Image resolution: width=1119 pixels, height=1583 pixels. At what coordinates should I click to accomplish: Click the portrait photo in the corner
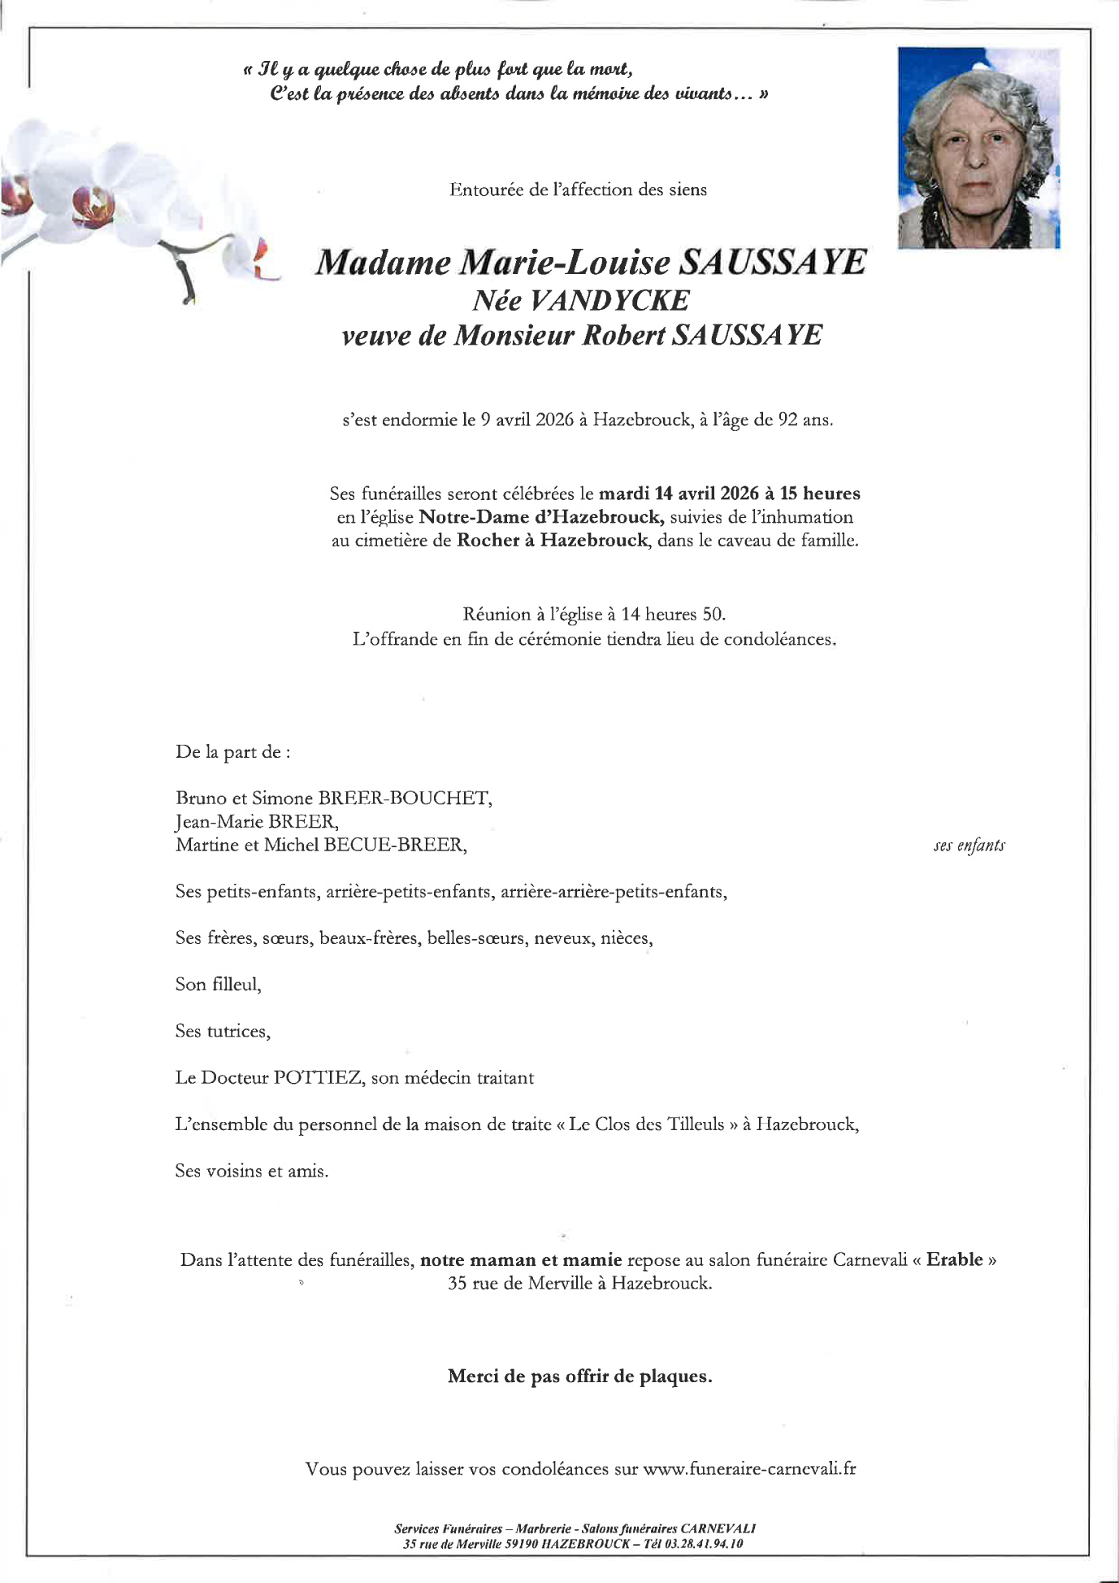click(x=978, y=148)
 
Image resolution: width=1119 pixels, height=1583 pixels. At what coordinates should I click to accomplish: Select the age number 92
click(x=788, y=420)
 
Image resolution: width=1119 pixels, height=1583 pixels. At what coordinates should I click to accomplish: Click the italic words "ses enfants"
click(x=969, y=846)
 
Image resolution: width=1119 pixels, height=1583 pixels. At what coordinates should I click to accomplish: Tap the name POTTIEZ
click(x=318, y=1078)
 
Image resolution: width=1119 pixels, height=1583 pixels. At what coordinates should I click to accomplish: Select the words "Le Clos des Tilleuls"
click(x=647, y=1124)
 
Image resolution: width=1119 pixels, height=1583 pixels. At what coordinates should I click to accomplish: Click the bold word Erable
click(x=955, y=1259)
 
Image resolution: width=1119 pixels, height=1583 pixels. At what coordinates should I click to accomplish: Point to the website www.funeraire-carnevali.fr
click(x=749, y=1468)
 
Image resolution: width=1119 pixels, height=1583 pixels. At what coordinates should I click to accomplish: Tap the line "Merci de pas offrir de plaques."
click(x=579, y=1376)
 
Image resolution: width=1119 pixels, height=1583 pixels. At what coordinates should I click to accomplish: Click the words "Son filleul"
click(x=218, y=985)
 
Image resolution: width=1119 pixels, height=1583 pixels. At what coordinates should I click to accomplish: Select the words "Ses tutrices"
click(x=222, y=1032)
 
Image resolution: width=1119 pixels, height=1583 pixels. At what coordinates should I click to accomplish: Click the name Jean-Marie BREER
click(x=256, y=821)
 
